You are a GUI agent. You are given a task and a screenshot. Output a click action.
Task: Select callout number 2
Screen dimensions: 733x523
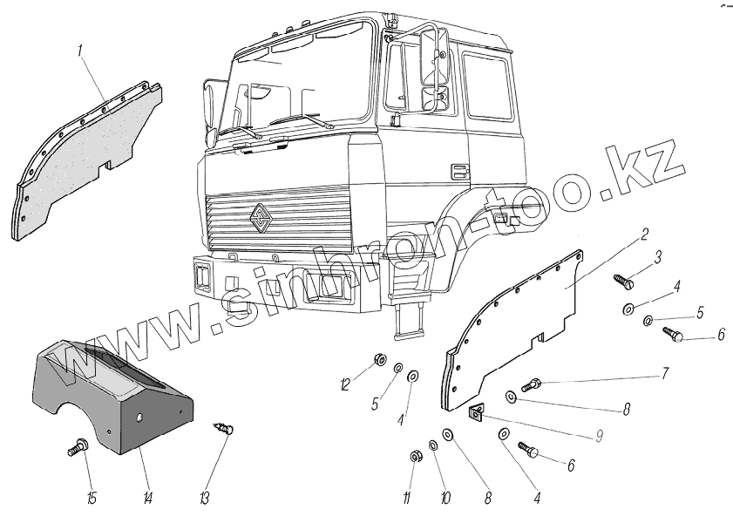coord(644,234)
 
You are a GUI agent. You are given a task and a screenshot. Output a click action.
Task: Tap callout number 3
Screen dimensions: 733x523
coord(658,257)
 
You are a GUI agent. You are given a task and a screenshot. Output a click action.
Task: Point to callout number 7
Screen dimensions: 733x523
coord(665,375)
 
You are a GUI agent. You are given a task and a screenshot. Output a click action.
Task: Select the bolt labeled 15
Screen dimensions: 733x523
coord(76,449)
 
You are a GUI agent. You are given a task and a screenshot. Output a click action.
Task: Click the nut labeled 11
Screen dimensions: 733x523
coord(416,456)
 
